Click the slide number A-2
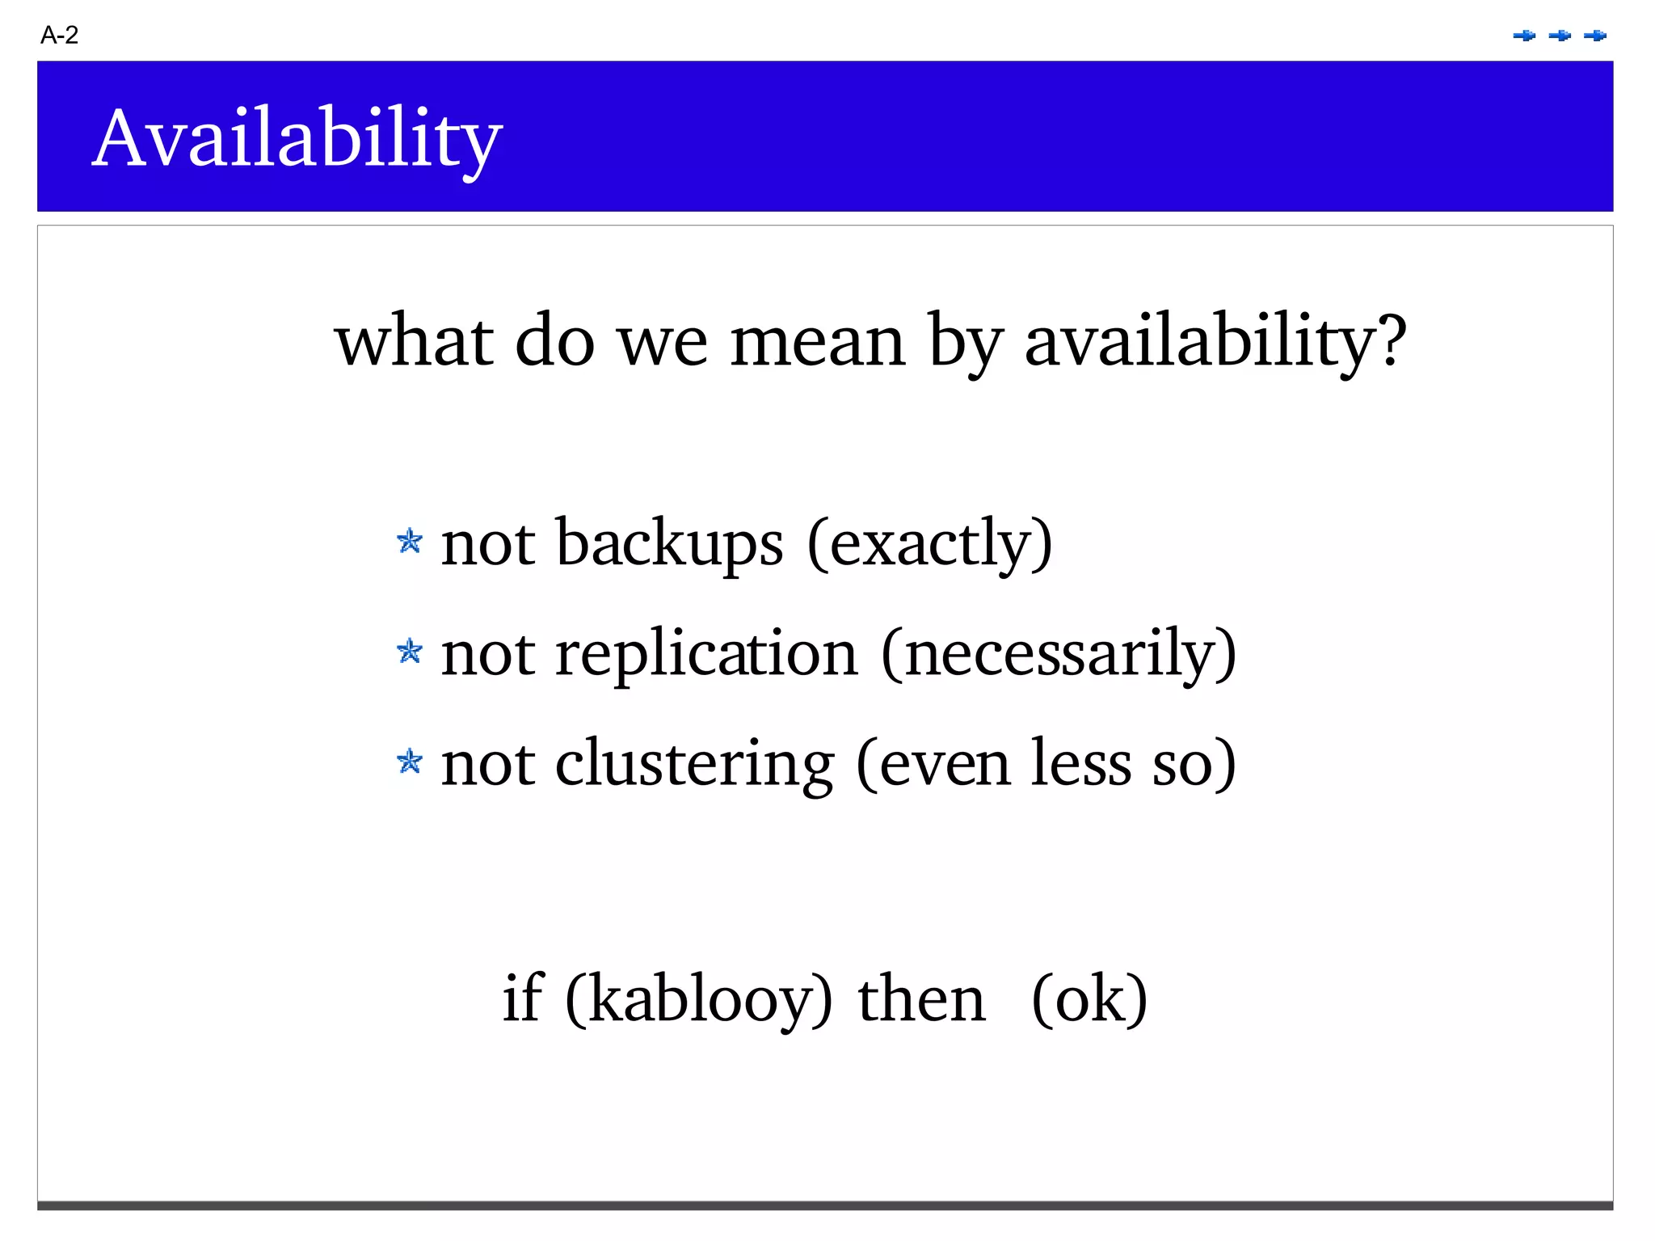(x=59, y=36)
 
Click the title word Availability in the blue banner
(x=297, y=139)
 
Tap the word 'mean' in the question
(x=817, y=342)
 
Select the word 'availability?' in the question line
(x=1215, y=342)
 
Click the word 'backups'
(x=669, y=543)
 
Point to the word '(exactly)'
(x=929, y=543)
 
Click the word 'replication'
(x=705, y=653)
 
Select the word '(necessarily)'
(x=1059, y=653)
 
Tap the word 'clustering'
(x=693, y=764)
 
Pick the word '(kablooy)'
(x=698, y=999)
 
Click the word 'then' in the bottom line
(x=921, y=999)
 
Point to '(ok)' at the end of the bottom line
(x=1089, y=999)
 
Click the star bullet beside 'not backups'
(x=410, y=541)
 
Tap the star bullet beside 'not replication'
(x=410, y=651)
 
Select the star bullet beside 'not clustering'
(x=410, y=761)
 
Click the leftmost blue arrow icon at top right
(x=1524, y=36)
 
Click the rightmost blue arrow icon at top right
(x=1595, y=36)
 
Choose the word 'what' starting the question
(x=414, y=342)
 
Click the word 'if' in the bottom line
(x=522, y=999)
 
